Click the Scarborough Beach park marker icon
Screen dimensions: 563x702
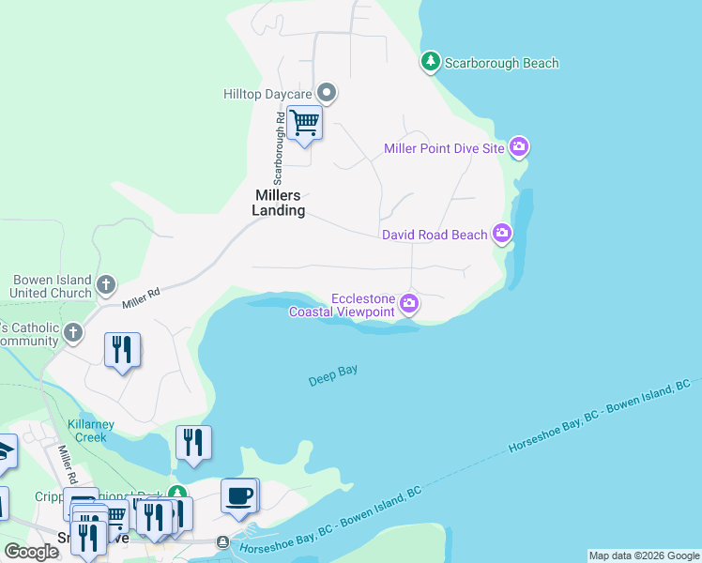(430, 62)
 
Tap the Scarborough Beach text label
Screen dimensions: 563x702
(502, 64)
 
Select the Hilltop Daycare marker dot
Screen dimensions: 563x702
(327, 93)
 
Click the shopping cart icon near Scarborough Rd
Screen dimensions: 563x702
(305, 123)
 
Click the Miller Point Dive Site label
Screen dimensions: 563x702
(445, 148)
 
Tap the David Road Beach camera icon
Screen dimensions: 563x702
(502, 234)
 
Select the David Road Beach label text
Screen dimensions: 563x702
(435, 235)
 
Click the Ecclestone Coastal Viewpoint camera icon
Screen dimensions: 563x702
(409, 302)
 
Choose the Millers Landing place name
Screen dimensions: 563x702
(279, 203)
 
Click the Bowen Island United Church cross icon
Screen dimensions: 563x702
(106, 283)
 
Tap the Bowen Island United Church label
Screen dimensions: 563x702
(52, 286)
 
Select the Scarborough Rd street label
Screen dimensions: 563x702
(279, 148)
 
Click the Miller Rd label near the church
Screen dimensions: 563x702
(141, 297)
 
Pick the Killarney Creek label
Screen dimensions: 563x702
(91, 431)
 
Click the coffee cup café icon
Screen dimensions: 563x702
(238, 495)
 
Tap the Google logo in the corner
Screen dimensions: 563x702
(32, 553)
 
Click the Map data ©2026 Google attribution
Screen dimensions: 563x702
(644, 555)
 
